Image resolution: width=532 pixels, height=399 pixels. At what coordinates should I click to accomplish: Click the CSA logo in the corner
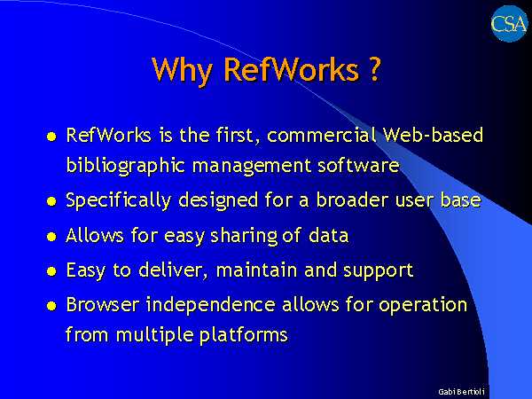click(x=509, y=23)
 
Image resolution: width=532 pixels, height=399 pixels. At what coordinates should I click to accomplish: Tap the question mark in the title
click(x=373, y=69)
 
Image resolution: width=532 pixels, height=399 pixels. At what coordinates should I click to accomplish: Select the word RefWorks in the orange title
click(x=291, y=69)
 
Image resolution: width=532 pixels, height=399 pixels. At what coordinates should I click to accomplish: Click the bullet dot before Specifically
click(x=51, y=201)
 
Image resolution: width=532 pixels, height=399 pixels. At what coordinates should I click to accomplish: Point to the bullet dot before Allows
click(x=51, y=237)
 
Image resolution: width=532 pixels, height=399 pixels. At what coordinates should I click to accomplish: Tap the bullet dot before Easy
click(x=51, y=271)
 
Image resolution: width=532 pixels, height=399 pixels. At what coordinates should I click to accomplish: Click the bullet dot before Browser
click(x=51, y=306)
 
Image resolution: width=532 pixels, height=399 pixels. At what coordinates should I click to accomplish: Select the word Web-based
click(x=433, y=135)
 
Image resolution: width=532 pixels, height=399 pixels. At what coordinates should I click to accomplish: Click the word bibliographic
click(x=126, y=166)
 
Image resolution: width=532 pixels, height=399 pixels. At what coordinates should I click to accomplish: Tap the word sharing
click(x=244, y=236)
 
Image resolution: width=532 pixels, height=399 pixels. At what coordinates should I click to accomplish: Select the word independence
click(x=210, y=304)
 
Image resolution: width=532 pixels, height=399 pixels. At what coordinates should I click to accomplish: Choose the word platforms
click(x=243, y=335)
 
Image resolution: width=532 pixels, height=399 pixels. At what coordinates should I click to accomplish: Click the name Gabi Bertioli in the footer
click(x=461, y=392)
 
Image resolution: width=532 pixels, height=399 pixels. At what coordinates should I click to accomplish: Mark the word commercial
click(x=322, y=135)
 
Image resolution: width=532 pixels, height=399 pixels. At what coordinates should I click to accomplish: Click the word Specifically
click(x=119, y=200)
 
